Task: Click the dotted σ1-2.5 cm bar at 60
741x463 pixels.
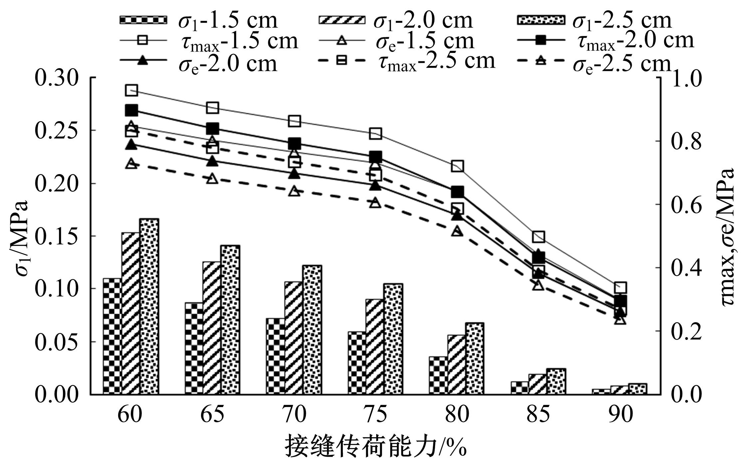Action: pos(149,306)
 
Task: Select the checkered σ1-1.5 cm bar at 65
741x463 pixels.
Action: pos(194,348)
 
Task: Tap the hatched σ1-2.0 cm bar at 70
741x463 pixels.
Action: pos(294,338)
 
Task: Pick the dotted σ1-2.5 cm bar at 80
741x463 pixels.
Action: pos(474,358)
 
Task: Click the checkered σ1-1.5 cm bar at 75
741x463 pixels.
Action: pos(357,363)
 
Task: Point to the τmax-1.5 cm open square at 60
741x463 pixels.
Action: pos(131,90)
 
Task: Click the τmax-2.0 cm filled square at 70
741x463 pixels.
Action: pos(294,144)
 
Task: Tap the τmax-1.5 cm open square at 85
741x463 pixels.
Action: pos(538,237)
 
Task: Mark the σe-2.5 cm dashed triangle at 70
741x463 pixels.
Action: pos(294,191)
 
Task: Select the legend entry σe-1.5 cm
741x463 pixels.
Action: pos(396,41)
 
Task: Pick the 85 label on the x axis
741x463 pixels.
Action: pos(538,415)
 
